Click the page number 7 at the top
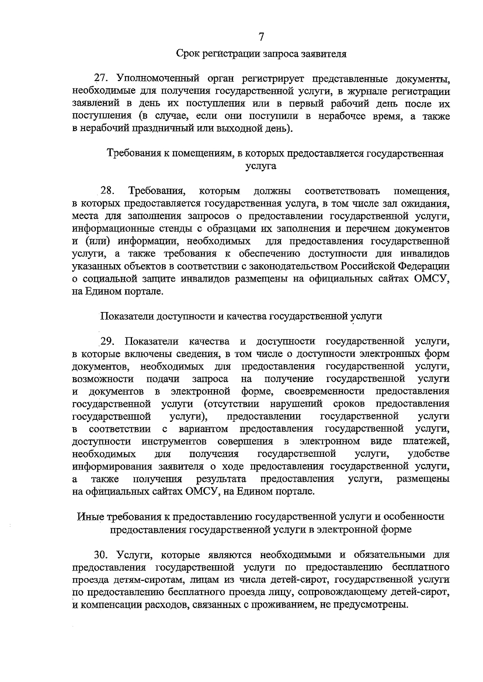tap(261, 37)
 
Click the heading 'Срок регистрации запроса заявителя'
tap(261, 53)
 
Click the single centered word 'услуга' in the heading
tap(261, 166)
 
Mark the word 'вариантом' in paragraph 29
tap(203, 429)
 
